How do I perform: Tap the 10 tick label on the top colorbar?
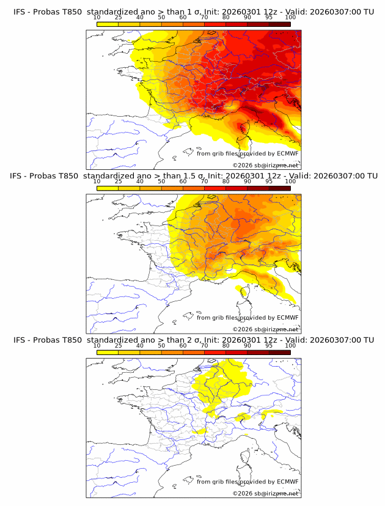[97, 17]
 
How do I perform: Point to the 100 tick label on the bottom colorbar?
[290, 345]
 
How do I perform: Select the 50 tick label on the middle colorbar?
[161, 182]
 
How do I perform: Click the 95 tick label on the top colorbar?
[269, 17]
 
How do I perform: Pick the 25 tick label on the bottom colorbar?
[118, 345]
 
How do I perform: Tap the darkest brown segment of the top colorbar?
[279, 24]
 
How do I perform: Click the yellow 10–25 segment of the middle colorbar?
[108, 188]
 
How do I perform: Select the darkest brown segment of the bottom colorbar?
[279, 352]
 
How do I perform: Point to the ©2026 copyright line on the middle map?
[265, 329]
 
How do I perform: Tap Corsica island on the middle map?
[243, 296]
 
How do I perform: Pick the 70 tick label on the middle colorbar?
[204, 182]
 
